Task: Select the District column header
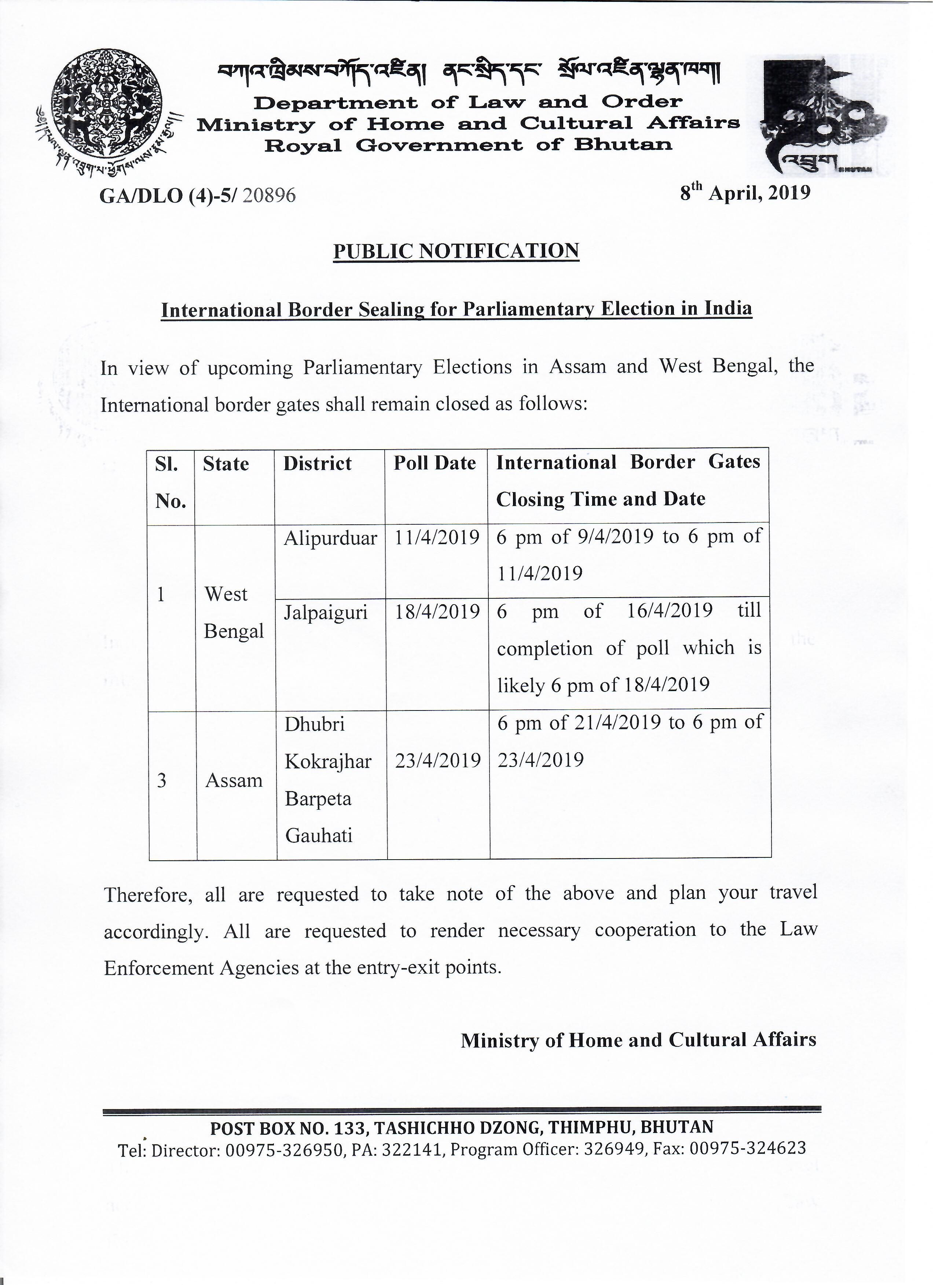(318, 464)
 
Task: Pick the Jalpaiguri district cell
(326, 613)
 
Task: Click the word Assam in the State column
(234, 781)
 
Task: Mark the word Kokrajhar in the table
(328, 761)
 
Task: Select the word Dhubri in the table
(314, 724)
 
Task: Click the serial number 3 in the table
(162, 781)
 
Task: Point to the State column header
(225, 464)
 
